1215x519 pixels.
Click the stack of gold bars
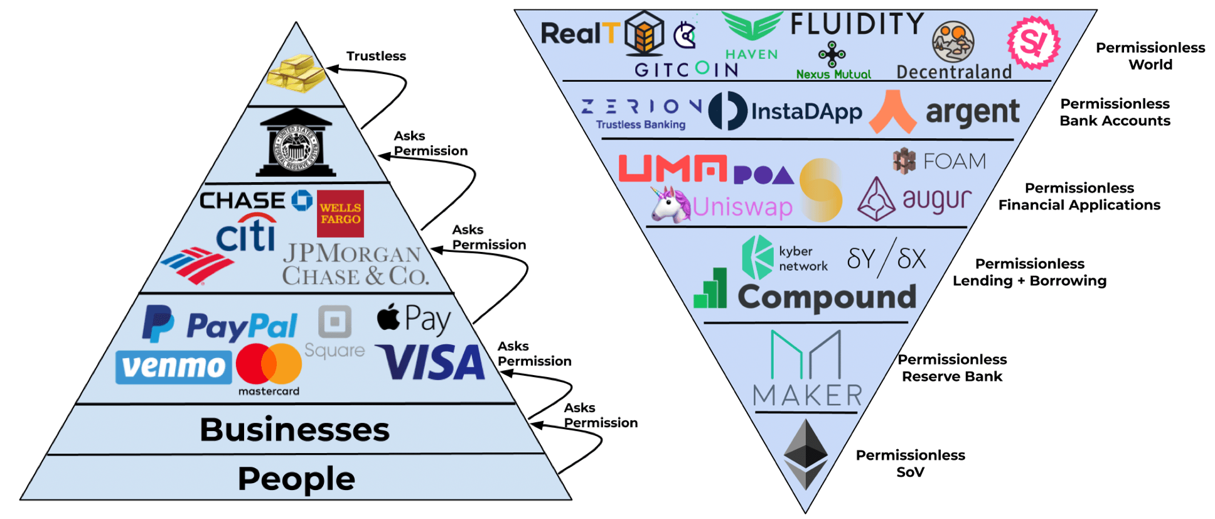click(x=296, y=74)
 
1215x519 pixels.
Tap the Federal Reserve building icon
click(x=296, y=143)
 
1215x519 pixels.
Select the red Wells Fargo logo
click(x=340, y=214)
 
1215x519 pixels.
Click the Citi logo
click(x=246, y=232)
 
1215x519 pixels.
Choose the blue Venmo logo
click(x=174, y=367)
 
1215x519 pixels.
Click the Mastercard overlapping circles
click(x=269, y=364)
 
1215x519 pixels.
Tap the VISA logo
click(x=431, y=363)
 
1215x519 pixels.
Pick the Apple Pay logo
click(x=414, y=319)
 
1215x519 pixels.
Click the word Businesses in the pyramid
click(x=294, y=430)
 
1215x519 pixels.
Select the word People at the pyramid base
click(x=296, y=479)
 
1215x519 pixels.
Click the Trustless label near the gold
click(x=376, y=56)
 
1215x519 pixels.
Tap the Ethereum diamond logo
click(x=806, y=454)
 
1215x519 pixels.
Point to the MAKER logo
click(x=808, y=369)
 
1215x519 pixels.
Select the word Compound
click(x=827, y=297)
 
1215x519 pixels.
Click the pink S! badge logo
click(x=1034, y=43)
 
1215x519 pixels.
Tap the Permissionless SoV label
click(x=910, y=463)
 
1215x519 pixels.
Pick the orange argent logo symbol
click(x=893, y=112)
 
